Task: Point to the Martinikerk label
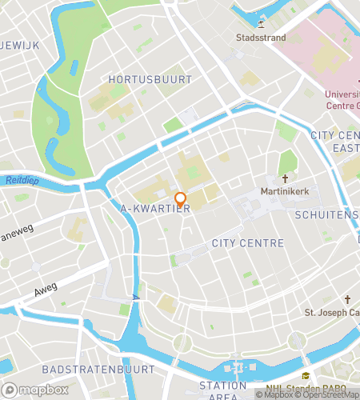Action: (x=284, y=192)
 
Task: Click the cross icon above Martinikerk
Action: (x=284, y=179)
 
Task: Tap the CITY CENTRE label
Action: (x=247, y=242)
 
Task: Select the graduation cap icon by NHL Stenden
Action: (x=304, y=377)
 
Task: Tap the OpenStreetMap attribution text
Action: (x=329, y=394)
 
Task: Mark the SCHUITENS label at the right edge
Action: (x=326, y=215)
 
